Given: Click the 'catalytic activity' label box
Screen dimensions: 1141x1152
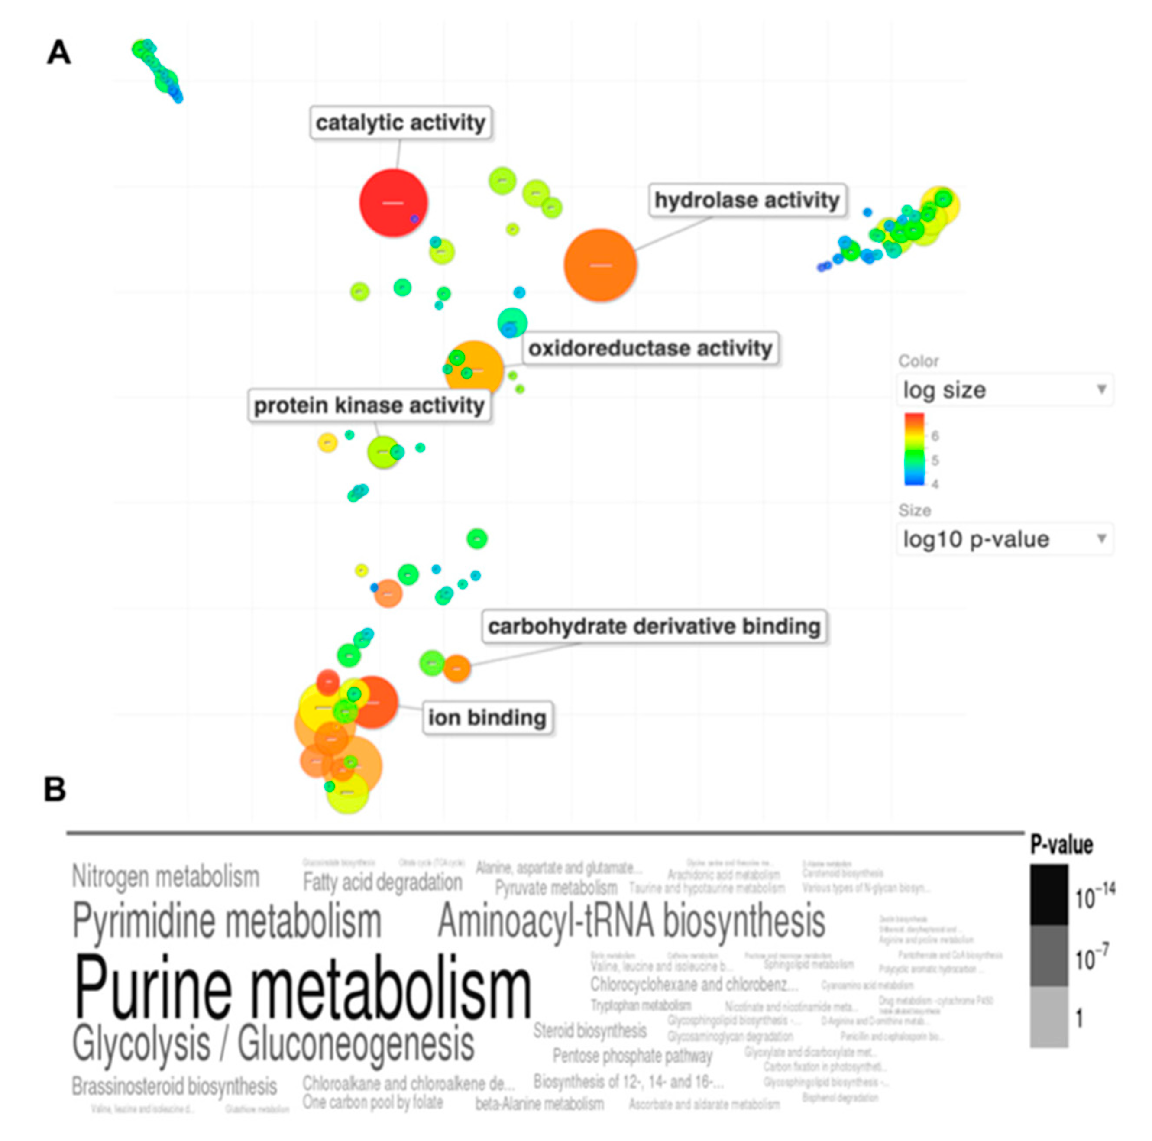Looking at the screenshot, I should [x=401, y=123].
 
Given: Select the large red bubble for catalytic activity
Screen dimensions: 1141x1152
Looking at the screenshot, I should [x=393, y=203].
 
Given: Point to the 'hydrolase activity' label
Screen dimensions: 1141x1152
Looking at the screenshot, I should [x=747, y=200].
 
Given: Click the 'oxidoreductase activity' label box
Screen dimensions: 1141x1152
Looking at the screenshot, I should [x=650, y=348].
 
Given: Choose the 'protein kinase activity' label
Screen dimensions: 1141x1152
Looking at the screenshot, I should [x=369, y=405].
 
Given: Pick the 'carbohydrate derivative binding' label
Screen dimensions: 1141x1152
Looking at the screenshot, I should [x=654, y=626].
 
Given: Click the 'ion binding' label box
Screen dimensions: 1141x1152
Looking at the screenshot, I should [x=487, y=717].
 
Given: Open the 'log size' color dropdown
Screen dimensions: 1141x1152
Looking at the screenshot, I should [x=1004, y=390].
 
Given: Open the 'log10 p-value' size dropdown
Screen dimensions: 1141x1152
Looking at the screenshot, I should [x=1004, y=539].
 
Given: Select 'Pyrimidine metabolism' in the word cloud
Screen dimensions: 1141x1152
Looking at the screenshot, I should [x=227, y=921].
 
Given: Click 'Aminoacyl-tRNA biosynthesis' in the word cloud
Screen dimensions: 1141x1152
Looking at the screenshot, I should [x=631, y=921].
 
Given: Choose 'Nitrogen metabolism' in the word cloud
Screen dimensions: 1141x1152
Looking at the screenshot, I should [x=166, y=876].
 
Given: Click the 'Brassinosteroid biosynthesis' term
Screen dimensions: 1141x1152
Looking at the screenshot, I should [x=174, y=1086].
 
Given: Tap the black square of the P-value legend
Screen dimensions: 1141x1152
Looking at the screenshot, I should [x=1049, y=895].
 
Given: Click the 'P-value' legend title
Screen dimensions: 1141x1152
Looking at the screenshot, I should [x=1061, y=845].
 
